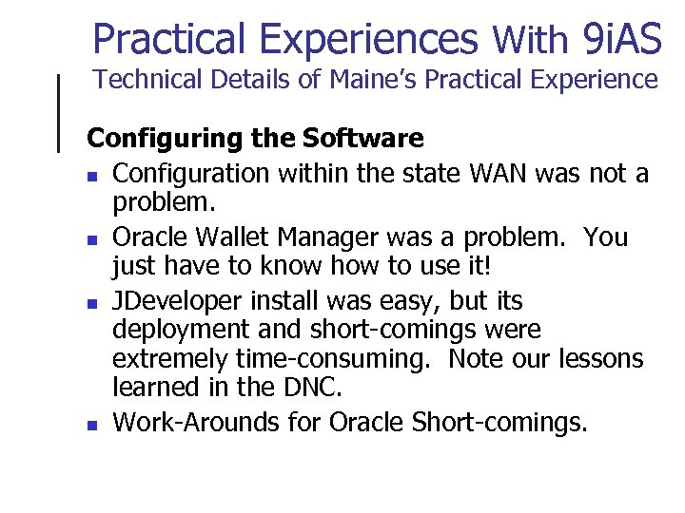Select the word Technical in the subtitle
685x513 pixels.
pyautogui.click(x=145, y=80)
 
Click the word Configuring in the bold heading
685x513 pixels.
pyautogui.click(x=166, y=139)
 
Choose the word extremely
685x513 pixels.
pyautogui.click(x=168, y=360)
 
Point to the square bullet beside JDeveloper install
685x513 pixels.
pyautogui.click(x=90, y=305)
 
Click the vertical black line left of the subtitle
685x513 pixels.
pyautogui.click(x=61, y=112)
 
